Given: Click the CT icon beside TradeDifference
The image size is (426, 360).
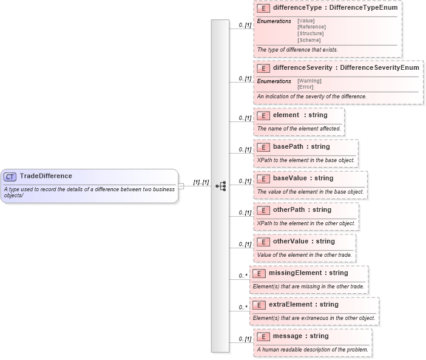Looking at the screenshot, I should tap(10, 177).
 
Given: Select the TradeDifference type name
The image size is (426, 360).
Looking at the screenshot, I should tap(46, 176).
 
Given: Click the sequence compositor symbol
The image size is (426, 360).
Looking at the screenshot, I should tap(221, 186).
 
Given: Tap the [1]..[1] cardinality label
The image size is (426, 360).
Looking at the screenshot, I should tap(201, 182).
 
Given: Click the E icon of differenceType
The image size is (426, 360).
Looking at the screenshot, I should tap(263, 8).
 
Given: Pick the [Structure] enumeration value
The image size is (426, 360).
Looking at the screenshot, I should tap(310, 33).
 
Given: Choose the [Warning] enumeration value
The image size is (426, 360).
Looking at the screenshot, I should tap(309, 81).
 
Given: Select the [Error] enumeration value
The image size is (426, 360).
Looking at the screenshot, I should tap(305, 87).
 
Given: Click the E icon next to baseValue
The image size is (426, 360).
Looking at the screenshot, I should tap(263, 178).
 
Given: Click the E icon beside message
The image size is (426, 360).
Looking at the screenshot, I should tap(263, 336).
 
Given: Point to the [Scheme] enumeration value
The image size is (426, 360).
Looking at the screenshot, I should tap(309, 40).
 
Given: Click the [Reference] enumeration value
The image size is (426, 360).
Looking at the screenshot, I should tap(311, 27).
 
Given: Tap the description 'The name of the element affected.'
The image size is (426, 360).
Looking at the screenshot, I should tap(299, 129).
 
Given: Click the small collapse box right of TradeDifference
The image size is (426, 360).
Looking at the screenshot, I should tap(181, 186).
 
